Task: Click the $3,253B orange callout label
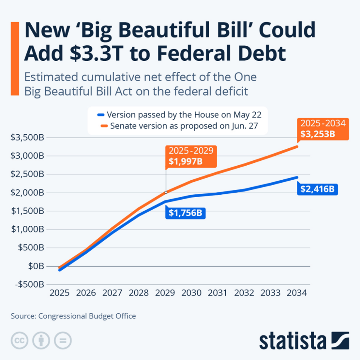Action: [x=323, y=129]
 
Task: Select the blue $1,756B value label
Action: [x=185, y=213]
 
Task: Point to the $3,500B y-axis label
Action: [x=27, y=137]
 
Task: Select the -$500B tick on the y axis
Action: [x=27, y=284]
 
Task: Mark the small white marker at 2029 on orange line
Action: [x=166, y=192]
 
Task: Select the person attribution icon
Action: [x=41, y=340]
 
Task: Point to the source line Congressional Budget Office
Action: [x=73, y=316]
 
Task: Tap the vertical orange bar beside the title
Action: [x=15, y=58]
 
